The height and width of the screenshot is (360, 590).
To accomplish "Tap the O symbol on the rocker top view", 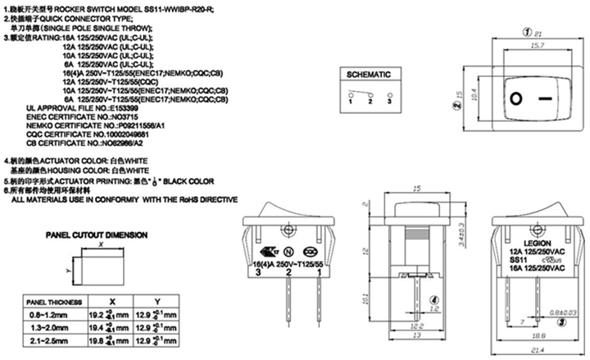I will pyautogui.click(x=515, y=100).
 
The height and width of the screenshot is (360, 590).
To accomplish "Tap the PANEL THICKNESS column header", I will pyautogui.click(x=50, y=301).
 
